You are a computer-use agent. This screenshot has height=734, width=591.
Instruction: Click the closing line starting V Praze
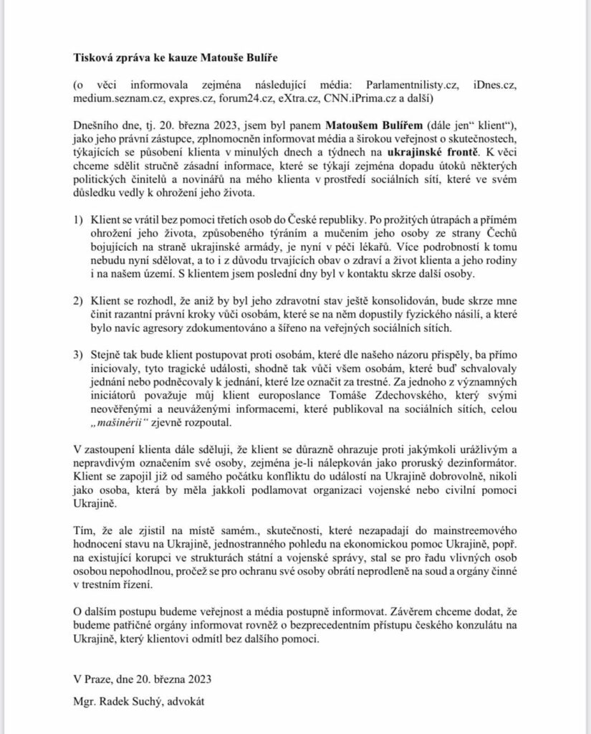pyautogui.click(x=143, y=676)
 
